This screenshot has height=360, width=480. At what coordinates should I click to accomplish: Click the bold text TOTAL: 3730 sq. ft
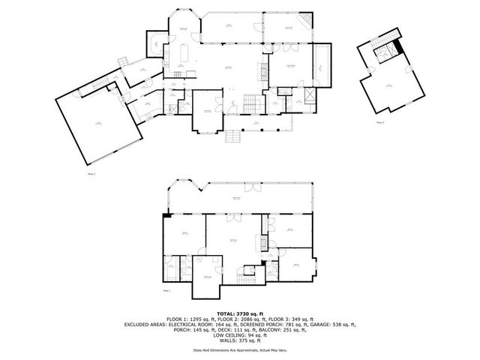240,313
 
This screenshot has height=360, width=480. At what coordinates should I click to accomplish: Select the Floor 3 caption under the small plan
380,121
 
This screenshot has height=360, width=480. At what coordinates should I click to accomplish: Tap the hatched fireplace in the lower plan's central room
263,241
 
